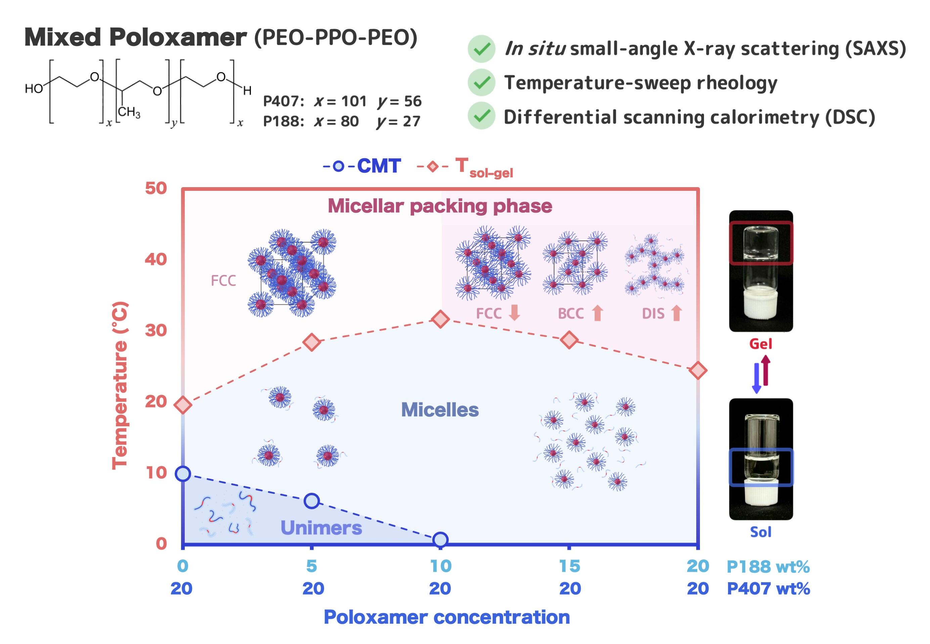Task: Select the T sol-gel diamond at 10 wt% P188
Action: pyautogui.click(x=440, y=319)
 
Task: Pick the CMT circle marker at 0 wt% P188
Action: pyautogui.click(x=183, y=474)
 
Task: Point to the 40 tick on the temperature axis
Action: pyautogui.click(x=156, y=259)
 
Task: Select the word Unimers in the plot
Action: pyautogui.click(x=321, y=527)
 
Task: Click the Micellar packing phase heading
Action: pyautogui.click(x=440, y=206)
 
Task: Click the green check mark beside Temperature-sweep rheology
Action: pyautogui.click(x=481, y=82)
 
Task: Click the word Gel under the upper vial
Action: pyautogui.click(x=760, y=344)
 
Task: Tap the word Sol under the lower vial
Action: pyautogui.click(x=760, y=532)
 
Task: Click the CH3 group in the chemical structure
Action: pyautogui.click(x=129, y=112)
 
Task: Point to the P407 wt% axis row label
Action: pyautogui.click(x=768, y=588)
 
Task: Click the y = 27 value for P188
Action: pyautogui.click(x=398, y=121)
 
